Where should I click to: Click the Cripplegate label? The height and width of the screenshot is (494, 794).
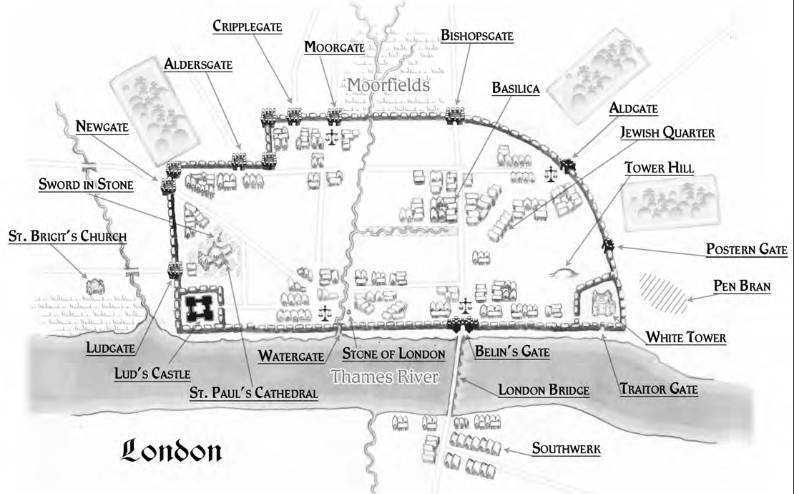click(247, 26)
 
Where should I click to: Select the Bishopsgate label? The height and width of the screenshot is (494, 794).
click(478, 35)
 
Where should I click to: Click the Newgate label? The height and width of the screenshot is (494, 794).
click(103, 127)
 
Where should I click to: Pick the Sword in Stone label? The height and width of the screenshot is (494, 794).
click(85, 184)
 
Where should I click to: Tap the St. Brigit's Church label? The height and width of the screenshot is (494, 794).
click(67, 236)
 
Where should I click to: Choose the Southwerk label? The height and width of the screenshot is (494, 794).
click(566, 450)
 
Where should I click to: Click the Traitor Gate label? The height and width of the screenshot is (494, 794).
click(659, 390)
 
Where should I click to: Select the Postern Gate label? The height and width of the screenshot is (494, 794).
click(746, 250)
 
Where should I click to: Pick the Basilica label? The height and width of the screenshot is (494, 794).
click(515, 88)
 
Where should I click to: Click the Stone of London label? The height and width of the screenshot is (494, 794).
click(394, 354)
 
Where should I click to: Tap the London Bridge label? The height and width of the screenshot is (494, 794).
click(544, 390)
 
